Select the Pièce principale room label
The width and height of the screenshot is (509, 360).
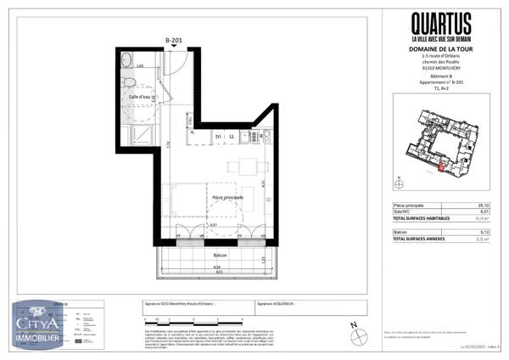click(x=227, y=197)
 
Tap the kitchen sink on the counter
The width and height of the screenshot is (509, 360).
click(x=266, y=137)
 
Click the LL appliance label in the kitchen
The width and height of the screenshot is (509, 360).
click(x=231, y=137)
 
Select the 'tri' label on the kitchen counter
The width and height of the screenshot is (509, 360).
click(x=217, y=137)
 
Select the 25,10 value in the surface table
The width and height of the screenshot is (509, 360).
click(x=482, y=206)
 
